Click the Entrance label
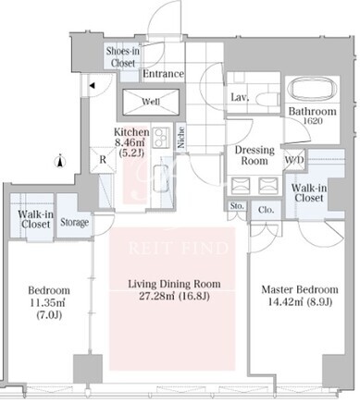click(163, 74)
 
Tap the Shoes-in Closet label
click(123, 57)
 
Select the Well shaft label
click(151, 102)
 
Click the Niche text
click(181, 138)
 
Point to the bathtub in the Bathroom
click(312, 88)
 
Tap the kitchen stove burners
click(161, 138)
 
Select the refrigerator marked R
click(103, 160)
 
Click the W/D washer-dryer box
click(294, 160)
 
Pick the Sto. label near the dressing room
click(237, 206)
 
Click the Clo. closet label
click(266, 210)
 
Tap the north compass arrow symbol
click(60, 161)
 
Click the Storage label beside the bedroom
click(74, 222)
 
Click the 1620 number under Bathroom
click(313, 121)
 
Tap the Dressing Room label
click(254, 155)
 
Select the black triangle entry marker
click(92, 86)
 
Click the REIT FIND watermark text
click(179, 248)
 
